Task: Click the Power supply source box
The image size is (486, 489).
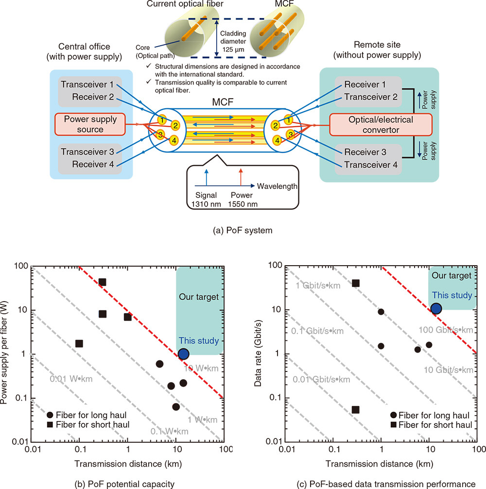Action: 90,124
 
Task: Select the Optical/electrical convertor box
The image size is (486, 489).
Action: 381,125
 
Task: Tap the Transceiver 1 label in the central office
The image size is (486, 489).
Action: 87,84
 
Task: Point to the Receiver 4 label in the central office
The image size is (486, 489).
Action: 93,164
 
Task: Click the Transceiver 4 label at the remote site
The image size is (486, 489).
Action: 371,165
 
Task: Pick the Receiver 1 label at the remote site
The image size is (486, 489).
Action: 365,84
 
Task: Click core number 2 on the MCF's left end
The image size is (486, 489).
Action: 175,125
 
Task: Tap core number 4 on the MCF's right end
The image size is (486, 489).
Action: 277,140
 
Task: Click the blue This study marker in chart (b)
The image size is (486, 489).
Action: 183,354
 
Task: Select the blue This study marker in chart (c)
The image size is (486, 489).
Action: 436,308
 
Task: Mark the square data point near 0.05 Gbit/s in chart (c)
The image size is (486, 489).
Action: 355,409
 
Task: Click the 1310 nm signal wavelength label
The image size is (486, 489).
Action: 206,204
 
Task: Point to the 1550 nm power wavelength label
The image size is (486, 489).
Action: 243,204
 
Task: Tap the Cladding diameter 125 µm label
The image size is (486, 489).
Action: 233,41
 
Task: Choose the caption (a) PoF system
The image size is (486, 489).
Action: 243,230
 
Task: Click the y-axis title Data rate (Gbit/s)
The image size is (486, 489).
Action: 258,354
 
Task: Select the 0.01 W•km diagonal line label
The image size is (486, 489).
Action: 71,379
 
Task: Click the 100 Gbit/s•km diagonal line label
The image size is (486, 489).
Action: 446,330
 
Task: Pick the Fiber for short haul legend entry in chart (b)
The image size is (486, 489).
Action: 88,424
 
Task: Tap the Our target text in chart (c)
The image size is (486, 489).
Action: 451,275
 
